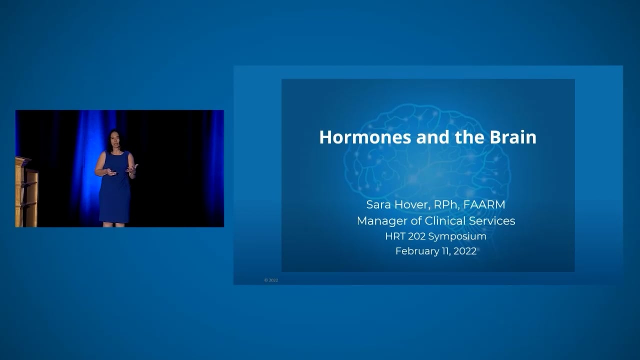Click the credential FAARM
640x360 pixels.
(484, 204)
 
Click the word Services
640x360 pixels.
(494, 220)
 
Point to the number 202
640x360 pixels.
(416, 236)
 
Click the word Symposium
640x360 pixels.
(457, 236)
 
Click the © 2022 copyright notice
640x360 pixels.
(271, 280)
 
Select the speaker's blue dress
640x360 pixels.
(114, 190)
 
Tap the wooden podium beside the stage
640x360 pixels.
(26, 192)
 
